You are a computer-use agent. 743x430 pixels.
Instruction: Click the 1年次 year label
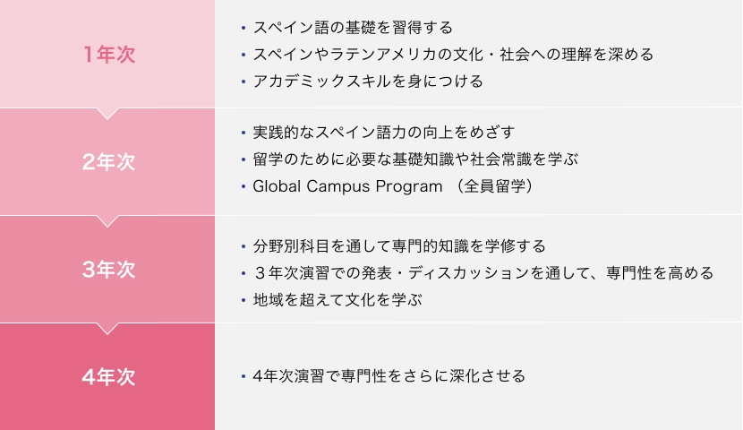(x=109, y=55)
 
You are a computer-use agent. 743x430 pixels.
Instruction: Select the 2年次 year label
(x=109, y=162)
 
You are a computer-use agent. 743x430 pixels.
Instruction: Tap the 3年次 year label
(x=109, y=270)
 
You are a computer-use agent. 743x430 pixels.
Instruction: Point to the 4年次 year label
(x=109, y=377)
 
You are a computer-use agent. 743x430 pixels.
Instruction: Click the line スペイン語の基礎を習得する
(x=353, y=28)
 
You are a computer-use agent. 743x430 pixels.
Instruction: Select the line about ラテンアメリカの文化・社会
(x=454, y=55)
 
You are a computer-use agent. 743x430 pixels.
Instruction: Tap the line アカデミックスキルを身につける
(x=368, y=82)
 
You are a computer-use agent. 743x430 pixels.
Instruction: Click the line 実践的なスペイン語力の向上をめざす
(x=384, y=133)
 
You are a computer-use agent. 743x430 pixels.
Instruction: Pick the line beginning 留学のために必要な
(x=415, y=159)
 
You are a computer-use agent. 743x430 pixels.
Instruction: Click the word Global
(x=277, y=186)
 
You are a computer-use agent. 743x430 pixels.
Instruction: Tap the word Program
(x=409, y=187)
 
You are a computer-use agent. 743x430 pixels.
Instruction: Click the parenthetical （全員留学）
(x=495, y=186)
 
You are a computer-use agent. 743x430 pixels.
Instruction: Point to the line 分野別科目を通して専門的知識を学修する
(x=399, y=246)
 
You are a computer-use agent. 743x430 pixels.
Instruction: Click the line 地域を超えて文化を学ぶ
(x=337, y=300)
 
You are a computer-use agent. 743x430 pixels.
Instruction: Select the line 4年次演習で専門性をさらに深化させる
(x=389, y=376)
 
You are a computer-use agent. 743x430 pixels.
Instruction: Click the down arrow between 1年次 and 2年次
(x=107, y=114)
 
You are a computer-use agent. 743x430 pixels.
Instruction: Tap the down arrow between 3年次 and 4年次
(x=107, y=329)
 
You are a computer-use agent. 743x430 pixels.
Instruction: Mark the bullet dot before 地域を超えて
(x=243, y=301)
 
